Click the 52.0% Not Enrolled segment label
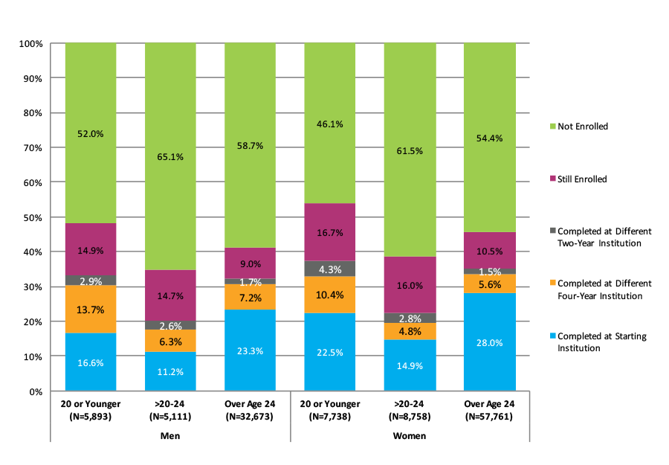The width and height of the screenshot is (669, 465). click(91, 134)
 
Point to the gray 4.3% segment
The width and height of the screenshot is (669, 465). click(329, 269)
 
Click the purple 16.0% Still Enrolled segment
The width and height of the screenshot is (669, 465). click(409, 285)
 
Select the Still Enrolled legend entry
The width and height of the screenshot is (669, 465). click(582, 179)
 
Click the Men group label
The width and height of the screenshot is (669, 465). click(169, 435)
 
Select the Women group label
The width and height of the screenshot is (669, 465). click(409, 435)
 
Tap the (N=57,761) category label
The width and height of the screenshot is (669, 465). click(488, 417)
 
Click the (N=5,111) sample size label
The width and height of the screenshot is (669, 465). click(170, 417)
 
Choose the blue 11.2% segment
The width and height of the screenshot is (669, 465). click(170, 372)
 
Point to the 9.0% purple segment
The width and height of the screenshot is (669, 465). click(250, 263)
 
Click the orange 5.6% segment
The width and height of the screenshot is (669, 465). click(488, 283)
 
